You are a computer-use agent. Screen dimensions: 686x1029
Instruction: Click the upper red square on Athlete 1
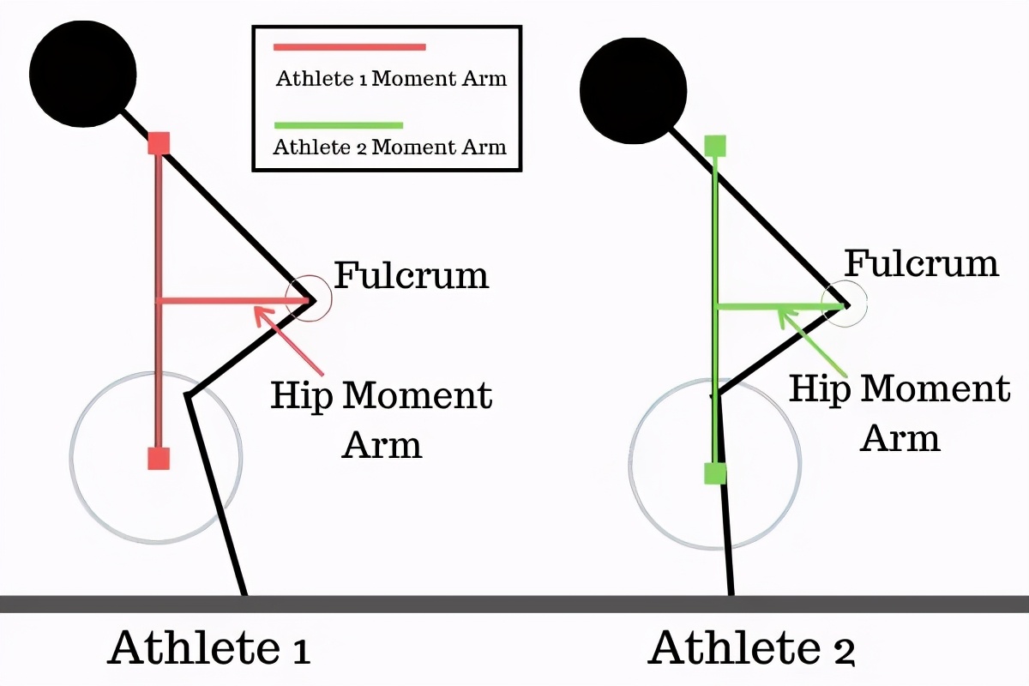tap(159, 142)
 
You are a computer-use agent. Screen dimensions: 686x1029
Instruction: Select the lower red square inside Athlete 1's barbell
tap(159, 458)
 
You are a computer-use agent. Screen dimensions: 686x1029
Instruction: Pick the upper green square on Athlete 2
tap(715, 146)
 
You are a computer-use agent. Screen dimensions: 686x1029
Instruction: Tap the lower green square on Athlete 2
tap(715, 472)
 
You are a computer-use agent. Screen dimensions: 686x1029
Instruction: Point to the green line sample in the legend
tap(338, 125)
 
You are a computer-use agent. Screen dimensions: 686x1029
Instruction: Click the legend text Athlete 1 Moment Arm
tap(391, 79)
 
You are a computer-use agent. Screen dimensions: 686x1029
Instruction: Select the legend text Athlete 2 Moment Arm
tap(389, 147)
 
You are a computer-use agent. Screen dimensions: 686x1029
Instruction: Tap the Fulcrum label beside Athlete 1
tap(411, 276)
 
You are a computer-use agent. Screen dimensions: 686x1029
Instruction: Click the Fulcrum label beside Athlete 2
tap(922, 263)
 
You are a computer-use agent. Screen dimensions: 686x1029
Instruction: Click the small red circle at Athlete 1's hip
tap(308, 299)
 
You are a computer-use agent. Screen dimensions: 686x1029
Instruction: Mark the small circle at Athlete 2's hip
tap(845, 303)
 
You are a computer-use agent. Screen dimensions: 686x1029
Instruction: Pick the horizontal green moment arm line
tap(772, 305)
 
